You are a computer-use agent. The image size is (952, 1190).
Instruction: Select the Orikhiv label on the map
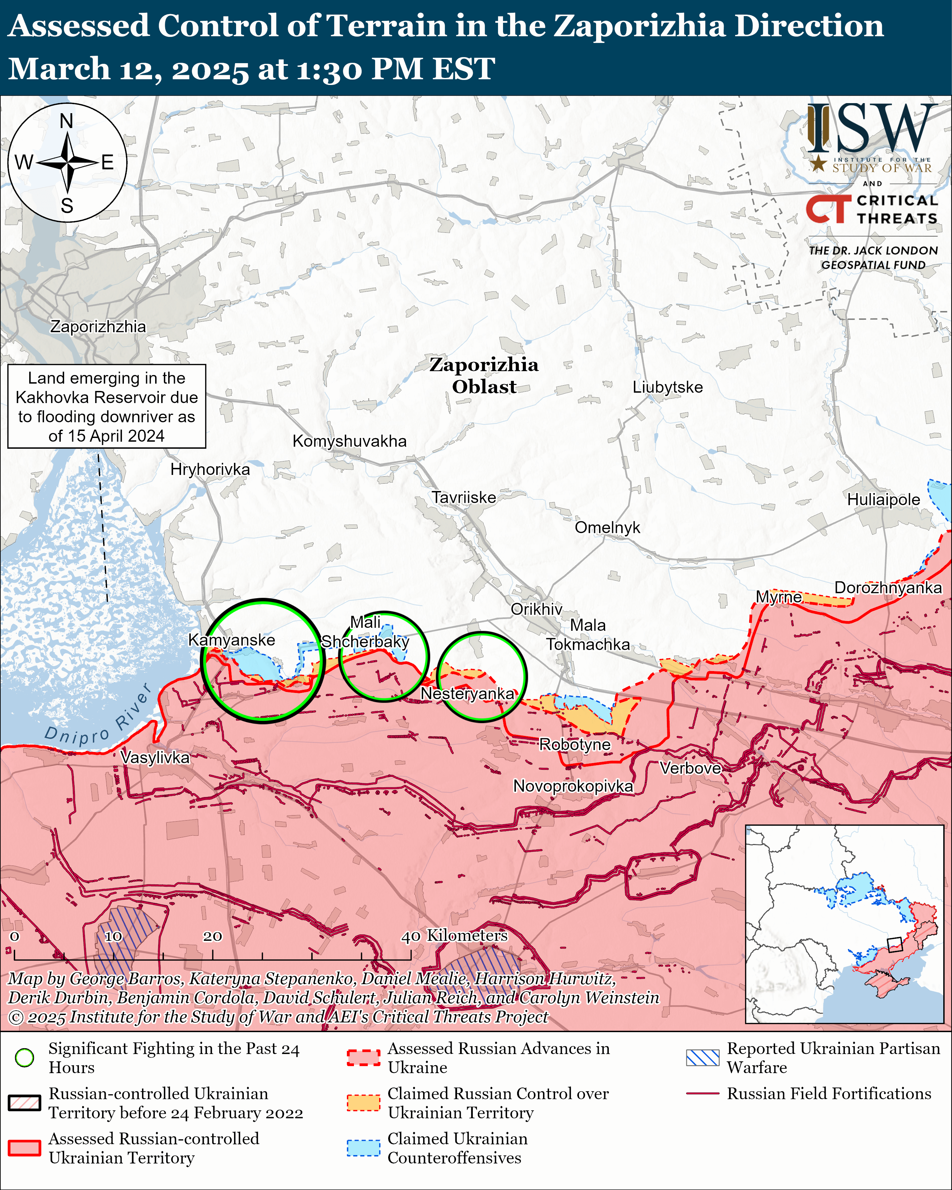click(x=536, y=609)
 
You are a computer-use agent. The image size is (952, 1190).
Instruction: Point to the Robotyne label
click(x=575, y=745)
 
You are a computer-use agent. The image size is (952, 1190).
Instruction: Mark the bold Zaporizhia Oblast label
click(x=484, y=375)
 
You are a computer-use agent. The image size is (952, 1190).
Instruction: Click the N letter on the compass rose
click(x=66, y=121)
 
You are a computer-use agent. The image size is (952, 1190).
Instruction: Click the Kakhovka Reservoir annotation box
click(x=106, y=406)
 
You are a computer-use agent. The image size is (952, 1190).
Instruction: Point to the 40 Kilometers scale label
click(x=454, y=935)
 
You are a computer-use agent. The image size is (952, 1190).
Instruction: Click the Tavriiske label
click(x=464, y=497)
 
